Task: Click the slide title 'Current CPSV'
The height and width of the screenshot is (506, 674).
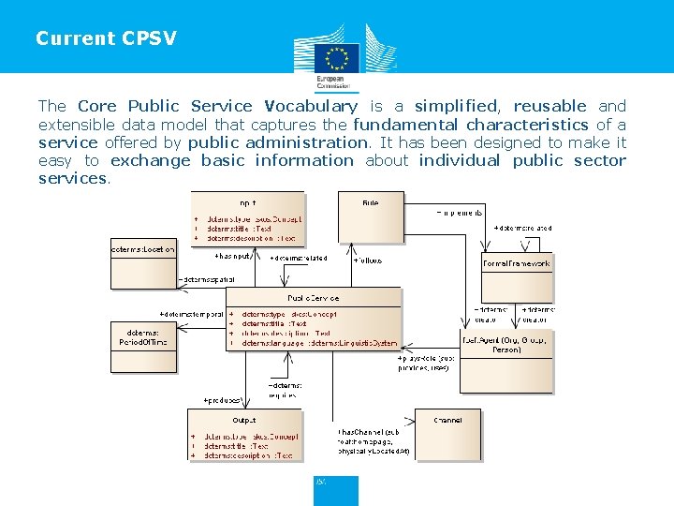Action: pos(106,38)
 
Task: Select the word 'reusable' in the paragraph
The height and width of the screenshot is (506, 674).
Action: pos(549,106)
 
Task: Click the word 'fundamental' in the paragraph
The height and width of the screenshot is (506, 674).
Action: pos(405,125)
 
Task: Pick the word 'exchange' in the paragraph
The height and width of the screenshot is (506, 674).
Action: pos(150,160)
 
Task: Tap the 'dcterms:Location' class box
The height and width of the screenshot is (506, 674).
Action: pos(143,264)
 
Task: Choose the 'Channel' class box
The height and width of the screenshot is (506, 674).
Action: pos(447,436)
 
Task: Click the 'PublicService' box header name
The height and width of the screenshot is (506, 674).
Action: pos(314,298)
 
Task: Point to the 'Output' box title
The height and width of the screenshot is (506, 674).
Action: pos(244,420)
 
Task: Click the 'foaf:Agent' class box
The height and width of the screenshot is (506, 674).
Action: pos(505,361)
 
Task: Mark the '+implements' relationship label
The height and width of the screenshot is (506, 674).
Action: pos(460,212)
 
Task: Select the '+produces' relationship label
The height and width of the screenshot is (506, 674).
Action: pos(224,399)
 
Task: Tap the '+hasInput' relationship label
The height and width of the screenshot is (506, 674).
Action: pos(233,255)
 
